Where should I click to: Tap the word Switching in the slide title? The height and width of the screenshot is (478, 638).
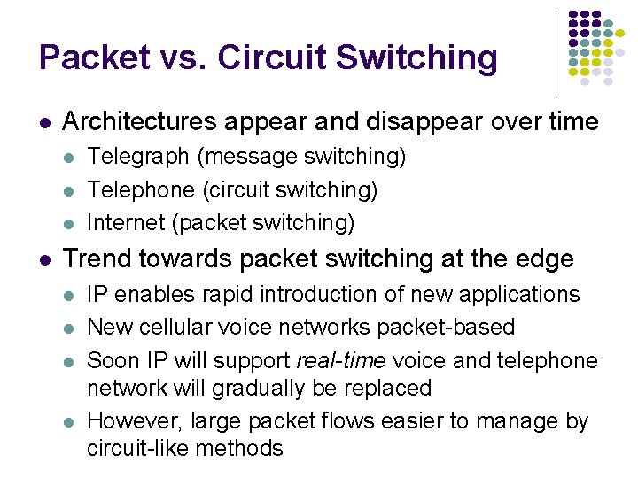413,58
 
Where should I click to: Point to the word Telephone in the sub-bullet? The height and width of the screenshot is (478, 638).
141,189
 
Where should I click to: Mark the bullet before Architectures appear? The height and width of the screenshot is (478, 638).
44,122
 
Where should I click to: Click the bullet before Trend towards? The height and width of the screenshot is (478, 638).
44,259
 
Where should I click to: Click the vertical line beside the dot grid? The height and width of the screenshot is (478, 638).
556,53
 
